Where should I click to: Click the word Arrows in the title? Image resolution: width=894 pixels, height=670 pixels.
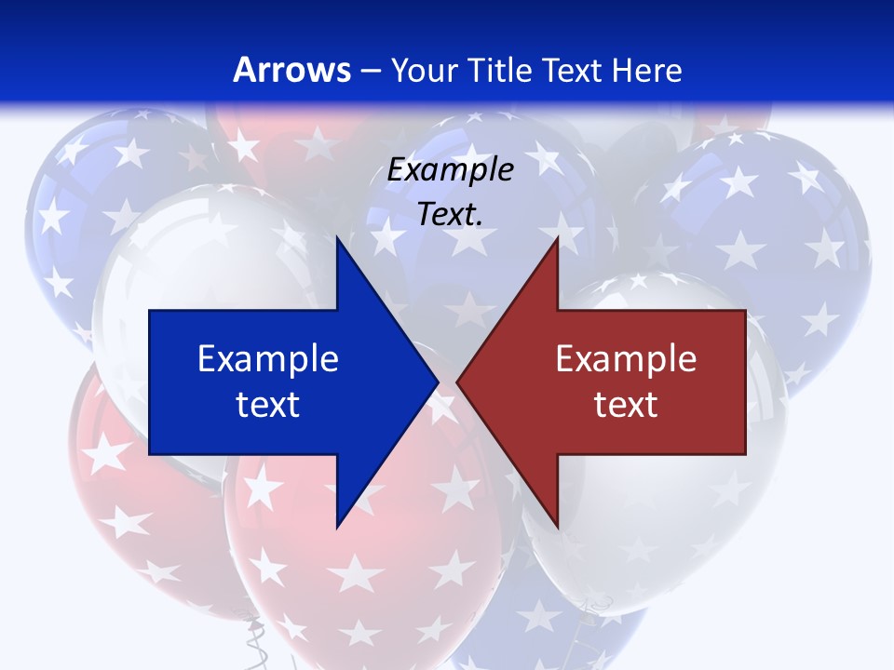tap(291, 70)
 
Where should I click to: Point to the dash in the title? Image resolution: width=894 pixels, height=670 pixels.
tap(370, 71)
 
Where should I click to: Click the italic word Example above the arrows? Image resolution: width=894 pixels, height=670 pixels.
tap(450, 169)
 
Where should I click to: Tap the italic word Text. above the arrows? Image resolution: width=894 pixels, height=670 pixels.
tap(450, 214)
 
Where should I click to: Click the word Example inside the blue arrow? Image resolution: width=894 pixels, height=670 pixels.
tap(268, 358)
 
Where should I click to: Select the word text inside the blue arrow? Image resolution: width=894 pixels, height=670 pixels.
tap(268, 405)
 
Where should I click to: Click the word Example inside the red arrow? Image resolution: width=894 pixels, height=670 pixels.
tap(626, 358)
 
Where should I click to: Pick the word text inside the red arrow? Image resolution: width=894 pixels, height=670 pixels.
tap(626, 405)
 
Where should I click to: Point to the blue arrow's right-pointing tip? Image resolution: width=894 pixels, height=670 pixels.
tap(438, 382)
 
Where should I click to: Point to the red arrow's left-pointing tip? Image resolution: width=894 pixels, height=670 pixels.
tap(457, 382)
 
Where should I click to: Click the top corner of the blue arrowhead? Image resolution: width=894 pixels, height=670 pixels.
tap(337, 237)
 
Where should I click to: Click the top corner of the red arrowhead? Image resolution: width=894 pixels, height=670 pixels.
tap(557, 237)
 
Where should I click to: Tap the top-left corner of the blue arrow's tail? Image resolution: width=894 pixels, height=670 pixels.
tap(150, 311)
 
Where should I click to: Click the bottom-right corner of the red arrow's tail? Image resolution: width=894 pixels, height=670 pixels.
tap(745, 454)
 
